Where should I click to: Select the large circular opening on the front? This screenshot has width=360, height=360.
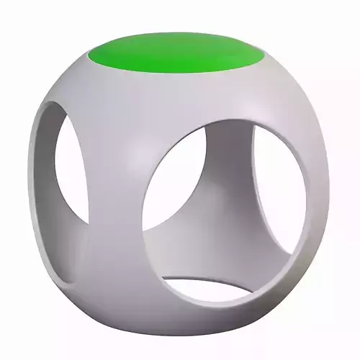pos(223,205)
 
